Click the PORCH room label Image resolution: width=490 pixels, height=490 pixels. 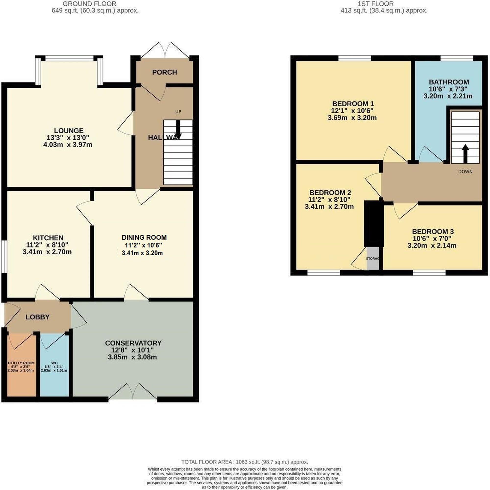click(165, 72)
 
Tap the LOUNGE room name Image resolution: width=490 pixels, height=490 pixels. click(69, 131)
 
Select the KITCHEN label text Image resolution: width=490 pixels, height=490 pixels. click(48, 238)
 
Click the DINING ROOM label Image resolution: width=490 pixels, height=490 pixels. click(144, 237)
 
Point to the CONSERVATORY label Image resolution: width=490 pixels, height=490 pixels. click(133, 343)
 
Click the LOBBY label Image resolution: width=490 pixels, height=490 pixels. click(37, 317)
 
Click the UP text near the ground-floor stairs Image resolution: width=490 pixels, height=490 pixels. click(178, 112)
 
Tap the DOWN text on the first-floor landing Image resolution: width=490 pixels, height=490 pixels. click(465, 171)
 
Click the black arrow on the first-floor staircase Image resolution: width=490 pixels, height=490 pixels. click(465, 154)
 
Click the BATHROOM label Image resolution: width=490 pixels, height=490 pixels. click(449, 82)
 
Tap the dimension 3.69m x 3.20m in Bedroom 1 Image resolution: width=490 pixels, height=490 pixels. click(352, 118)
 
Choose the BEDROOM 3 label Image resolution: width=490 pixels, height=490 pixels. click(433, 231)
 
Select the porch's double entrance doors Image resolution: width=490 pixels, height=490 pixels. click(165, 51)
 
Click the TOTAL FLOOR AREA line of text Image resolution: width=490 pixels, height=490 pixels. click(244, 462)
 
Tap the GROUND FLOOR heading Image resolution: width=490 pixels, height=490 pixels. click(89, 4)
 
